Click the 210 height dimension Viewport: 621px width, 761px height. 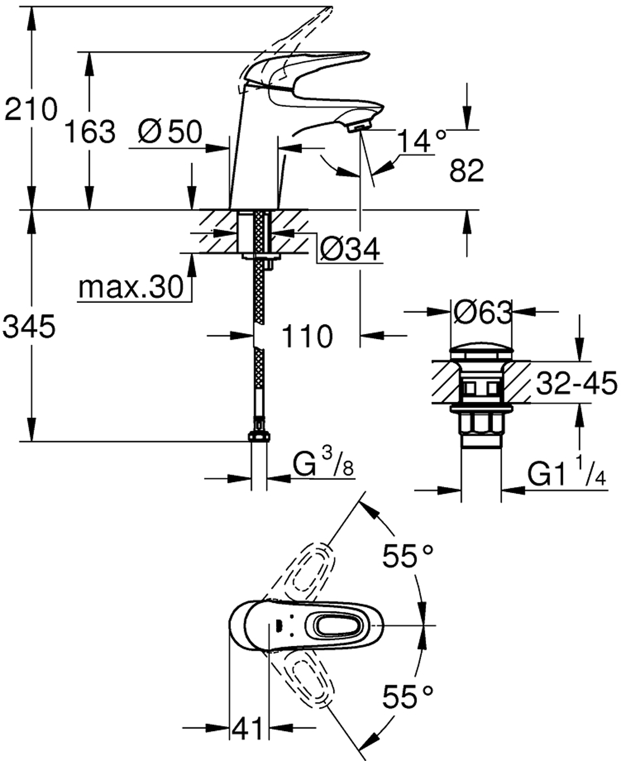30,109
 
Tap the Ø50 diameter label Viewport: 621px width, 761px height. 170,131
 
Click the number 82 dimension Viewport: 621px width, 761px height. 466,170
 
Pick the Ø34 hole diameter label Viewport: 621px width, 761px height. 350,249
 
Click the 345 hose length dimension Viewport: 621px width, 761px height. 29,326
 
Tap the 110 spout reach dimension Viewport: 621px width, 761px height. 307,336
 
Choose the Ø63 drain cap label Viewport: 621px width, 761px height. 481,312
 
